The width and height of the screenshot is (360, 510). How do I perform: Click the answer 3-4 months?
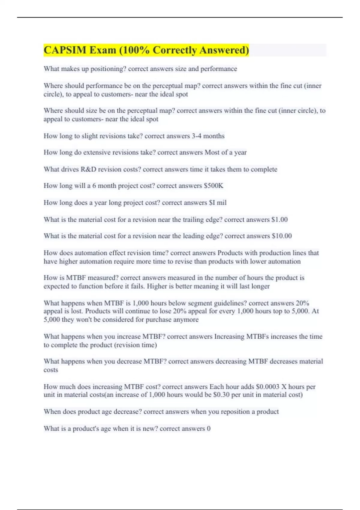pyautogui.click(x=208, y=136)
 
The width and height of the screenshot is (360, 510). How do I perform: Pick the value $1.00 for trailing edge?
pyautogui.click(x=279, y=220)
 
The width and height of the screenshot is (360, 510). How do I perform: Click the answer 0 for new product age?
pyautogui.click(x=208, y=429)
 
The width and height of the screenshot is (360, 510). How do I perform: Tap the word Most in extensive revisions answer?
pyautogui.click(x=212, y=153)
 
